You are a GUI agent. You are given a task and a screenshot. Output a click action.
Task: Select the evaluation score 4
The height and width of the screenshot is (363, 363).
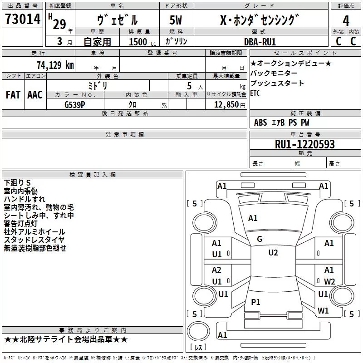pyautogui.click(x=346, y=20)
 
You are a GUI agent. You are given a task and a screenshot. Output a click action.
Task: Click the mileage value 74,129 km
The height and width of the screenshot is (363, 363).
pyautogui.click(x=55, y=65)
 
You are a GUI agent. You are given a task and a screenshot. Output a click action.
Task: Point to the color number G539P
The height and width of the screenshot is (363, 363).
pyautogui.click(x=75, y=103)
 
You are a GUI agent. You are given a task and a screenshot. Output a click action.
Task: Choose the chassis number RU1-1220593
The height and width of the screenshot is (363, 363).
pyautogui.click(x=304, y=144)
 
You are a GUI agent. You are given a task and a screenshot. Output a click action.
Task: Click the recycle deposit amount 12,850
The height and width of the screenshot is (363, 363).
pyautogui.click(x=226, y=104)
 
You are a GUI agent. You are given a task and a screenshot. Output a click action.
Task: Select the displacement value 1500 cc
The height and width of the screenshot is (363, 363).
pyautogui.click(x=138, y=42)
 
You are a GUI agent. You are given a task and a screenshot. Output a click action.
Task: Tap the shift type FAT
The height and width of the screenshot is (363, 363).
pyautogui.click(x=13, y=94)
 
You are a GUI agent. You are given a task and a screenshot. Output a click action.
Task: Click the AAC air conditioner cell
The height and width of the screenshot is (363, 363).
pyautogui.click(x=35, y=94)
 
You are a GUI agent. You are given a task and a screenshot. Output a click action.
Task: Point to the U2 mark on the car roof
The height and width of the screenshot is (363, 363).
pyautogui.click(x=273, y=253)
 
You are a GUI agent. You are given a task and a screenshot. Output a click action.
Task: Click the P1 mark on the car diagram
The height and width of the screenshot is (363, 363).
pyautogui.click(x=256, y=302)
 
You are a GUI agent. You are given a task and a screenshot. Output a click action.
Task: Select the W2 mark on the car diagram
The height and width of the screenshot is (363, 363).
pyautogui.click(x=329, y=281)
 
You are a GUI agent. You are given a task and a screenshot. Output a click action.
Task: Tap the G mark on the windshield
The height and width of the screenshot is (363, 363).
pyautogui.click(x=260, y=239)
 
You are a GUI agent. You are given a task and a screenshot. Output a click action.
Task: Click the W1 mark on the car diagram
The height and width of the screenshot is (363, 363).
pyautogui.click(x=323, y=311)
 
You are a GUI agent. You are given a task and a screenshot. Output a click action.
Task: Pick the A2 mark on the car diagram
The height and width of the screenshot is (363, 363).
pyautogui.click(x=216, y=270)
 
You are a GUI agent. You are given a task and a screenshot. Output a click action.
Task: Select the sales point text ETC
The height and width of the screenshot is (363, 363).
pyautogui.click(x=256, y=93)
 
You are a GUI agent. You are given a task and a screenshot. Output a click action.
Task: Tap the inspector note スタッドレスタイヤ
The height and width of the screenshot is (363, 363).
pyautogui.click(x=34, y=240)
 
